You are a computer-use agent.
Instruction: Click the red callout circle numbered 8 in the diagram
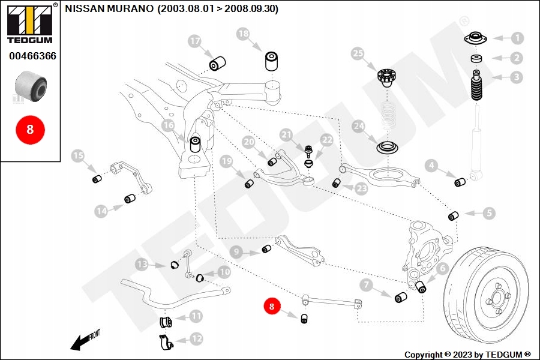[x=271, y=306]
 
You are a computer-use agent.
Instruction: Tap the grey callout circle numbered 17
[x=194, y=41]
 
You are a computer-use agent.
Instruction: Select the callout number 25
[x=358, y=55]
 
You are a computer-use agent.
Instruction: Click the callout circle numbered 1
[x=517, y=38]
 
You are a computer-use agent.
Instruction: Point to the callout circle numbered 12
[x=196, y=339]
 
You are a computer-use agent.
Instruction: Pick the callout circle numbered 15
[x=78, y=157]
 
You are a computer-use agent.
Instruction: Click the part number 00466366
[x=32, y=56]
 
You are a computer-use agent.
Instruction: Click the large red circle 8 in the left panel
[x=30, y=129]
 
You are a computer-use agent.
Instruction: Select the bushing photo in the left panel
[x=30, y=86]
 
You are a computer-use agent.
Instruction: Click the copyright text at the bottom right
[x=467, y=355]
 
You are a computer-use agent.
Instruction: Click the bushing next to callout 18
[x=273, y=61]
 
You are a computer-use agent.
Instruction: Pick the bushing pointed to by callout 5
[x=454, y=215]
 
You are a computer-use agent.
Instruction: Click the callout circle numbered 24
[x=358, y=127]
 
